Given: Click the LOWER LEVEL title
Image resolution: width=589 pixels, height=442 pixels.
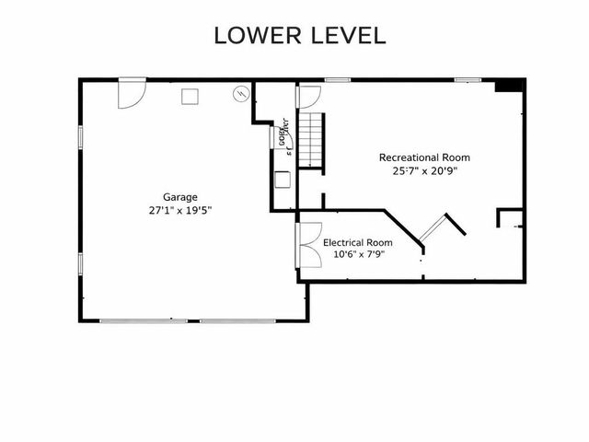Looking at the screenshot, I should pos(299,36).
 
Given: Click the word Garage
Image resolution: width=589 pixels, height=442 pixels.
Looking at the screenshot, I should pos(180,196).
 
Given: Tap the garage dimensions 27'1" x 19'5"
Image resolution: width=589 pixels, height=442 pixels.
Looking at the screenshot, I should pos(180,210).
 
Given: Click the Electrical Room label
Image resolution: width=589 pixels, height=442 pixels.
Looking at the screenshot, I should pos(358,242).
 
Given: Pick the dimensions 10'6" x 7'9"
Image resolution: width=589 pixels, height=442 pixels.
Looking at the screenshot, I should pos(358,255).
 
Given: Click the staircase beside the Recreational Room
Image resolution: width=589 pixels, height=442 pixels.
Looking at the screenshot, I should pos(314,140).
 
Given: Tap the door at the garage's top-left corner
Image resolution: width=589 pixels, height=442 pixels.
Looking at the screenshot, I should pos(132,92).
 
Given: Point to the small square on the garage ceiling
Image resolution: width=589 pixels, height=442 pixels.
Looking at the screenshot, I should pos(191,95).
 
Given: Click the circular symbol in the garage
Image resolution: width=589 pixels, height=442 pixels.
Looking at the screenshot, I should pos(241,93).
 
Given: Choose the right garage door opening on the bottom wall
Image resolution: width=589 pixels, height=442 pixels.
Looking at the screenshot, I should pos(237,321).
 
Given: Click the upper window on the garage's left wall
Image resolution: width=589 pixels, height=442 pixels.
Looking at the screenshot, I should pos(80,136).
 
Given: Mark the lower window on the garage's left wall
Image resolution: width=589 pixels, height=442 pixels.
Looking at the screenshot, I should pos(80,263).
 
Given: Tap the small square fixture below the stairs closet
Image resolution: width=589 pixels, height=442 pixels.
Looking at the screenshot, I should pos(282,180).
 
